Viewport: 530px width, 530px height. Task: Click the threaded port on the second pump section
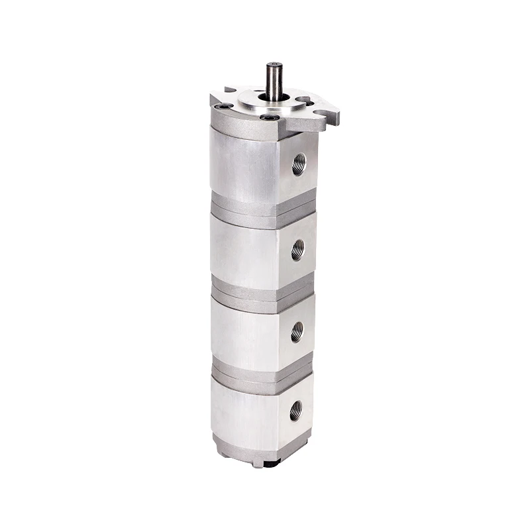click(298, 250)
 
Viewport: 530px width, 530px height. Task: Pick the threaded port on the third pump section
click(297, 331)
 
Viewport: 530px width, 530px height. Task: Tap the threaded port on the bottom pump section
click(295, 410)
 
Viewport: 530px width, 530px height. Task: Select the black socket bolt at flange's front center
click(268, 118)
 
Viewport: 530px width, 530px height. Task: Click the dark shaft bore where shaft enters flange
click(274, 99)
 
